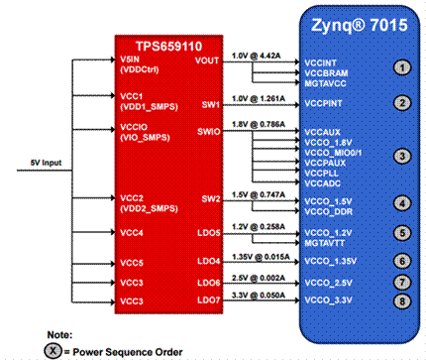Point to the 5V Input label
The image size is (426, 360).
coord(41,174)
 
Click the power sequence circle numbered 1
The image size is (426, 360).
coord(401,67)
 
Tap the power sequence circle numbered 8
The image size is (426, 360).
coord(401,300)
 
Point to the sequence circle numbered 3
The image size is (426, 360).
coord(401,156)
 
